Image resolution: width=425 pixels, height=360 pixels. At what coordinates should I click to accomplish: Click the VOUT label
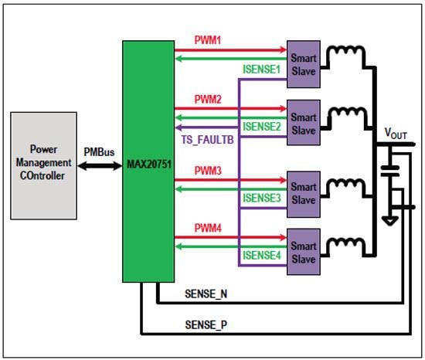pos(396,133)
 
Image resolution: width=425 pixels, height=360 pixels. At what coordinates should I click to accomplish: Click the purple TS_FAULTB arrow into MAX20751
pos(189,128)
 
